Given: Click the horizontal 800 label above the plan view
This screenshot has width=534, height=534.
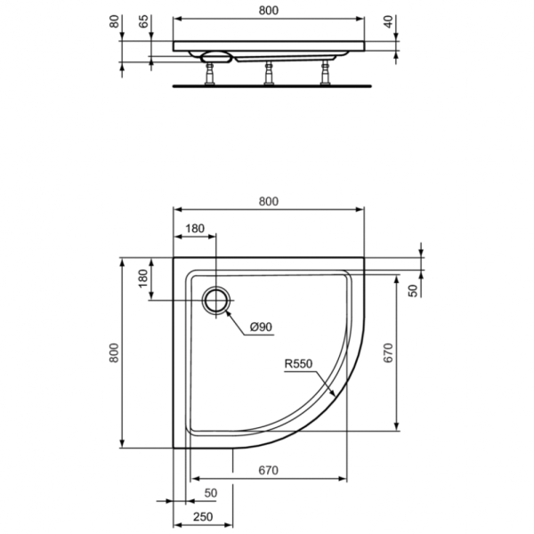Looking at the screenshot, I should coord(268,201).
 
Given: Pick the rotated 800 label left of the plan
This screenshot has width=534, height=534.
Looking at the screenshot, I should coord(114,353).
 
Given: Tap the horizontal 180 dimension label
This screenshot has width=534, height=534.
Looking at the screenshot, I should coord(195,229).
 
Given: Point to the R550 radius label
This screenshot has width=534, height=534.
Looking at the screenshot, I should coord(298,364).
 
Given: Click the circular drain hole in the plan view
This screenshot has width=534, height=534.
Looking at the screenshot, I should coord(216,300).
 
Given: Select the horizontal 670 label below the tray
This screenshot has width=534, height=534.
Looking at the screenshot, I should coord(268,470).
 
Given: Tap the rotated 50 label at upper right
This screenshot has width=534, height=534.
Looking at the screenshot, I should coord(412,291).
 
